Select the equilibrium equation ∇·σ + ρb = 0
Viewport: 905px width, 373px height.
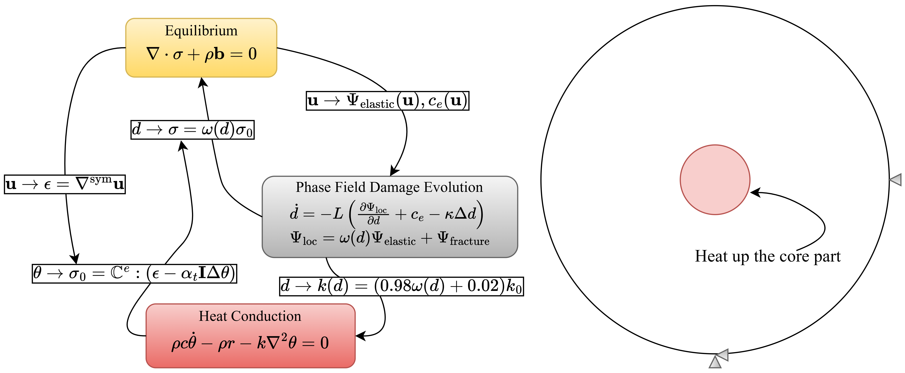coord(201,54)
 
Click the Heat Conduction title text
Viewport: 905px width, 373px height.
coord(250,316)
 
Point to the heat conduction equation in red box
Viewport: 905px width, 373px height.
coord(250,342)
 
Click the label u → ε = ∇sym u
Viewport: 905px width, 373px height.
coord(65,184)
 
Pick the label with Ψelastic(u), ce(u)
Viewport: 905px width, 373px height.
coord(388,101)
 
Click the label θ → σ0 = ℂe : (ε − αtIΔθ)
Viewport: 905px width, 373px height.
coord(134,274)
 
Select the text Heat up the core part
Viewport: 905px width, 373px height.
coord(768,256)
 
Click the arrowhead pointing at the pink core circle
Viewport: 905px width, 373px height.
coord(755,193)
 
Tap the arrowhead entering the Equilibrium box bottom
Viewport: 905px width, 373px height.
coord(202,82)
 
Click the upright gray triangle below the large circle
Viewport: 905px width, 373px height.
coord(715,363)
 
